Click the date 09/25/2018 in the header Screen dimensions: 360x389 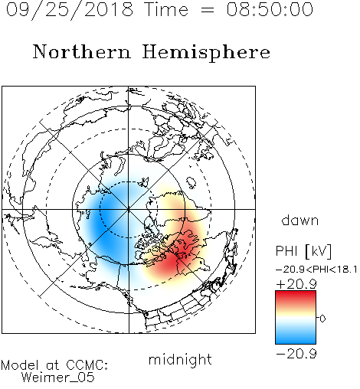click(70, 10)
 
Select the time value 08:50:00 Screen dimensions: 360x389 click(270, 9)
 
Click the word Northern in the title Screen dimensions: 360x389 click(82, 51)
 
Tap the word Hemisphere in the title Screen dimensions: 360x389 click(206, 53)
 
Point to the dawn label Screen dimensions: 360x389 click(300, 220)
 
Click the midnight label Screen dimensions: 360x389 click(180, 359)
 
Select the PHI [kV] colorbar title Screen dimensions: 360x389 click(303, 251)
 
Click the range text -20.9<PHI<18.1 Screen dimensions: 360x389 click(316, 270)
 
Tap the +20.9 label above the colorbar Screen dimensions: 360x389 click(296, 284)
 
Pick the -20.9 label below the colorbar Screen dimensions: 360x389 click(296, 354)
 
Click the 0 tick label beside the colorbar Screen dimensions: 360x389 click(322, 319)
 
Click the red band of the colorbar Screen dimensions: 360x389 click(296, 299)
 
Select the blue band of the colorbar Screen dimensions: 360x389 click(296, 335)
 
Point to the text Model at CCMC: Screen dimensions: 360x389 click(54, 365)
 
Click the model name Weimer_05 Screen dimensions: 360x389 click(58, 378)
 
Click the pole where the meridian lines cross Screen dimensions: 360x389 click(129, 209)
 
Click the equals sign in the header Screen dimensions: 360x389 click(207, 10)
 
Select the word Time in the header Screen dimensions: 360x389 click(166, 9)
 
